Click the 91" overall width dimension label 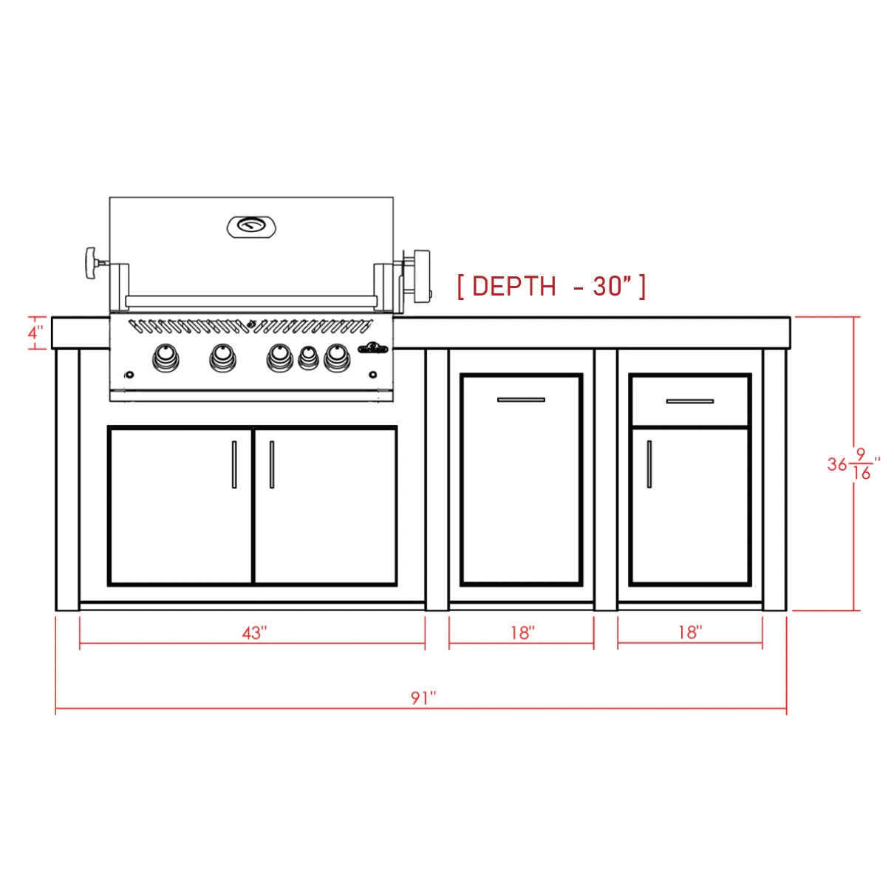pyautogui.click(x=423, y=697)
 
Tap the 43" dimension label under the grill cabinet pyautogui.click(x=255, y=632)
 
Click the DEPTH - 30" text pyautogui.click(x=551, y=286)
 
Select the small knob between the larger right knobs pyautogui.click(x=309, y=358)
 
